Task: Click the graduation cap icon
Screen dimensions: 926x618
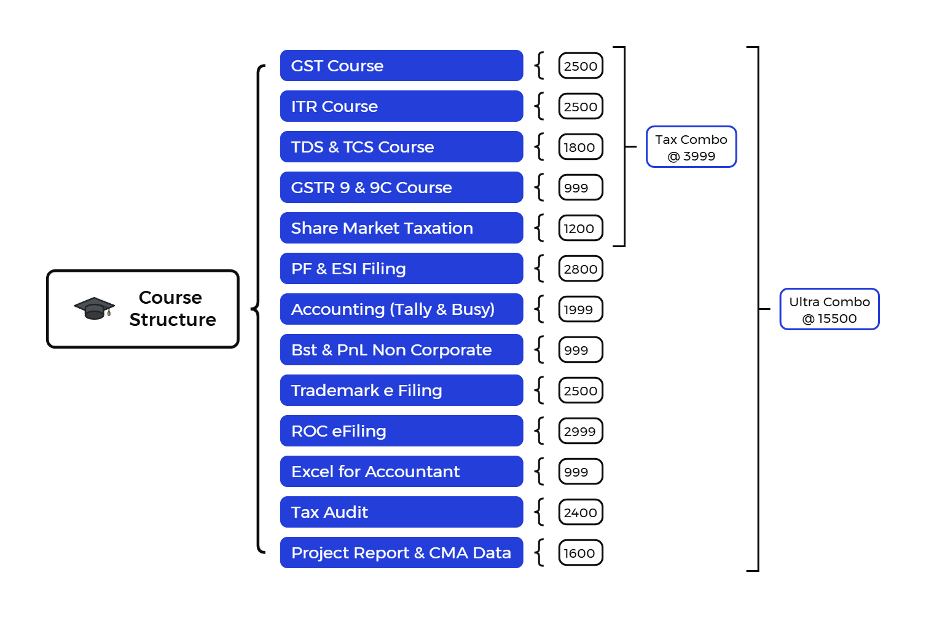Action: click(94, 308)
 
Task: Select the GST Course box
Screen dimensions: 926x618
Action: click(401, 65)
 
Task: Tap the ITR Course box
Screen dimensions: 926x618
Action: click(401, 106)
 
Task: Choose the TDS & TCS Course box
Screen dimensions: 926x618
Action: click(401, 146)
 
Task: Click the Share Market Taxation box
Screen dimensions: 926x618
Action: click(401, 228)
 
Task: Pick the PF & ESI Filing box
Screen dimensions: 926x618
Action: click(401, 268)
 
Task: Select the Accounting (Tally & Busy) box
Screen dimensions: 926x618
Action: click(401, 309)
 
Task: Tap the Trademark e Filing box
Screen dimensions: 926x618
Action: click(401, 390)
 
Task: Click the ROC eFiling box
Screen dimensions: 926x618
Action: click(401, 430)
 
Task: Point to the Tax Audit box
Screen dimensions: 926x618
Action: click(401, 512)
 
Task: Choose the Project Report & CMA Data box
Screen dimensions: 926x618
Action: click(401, 552)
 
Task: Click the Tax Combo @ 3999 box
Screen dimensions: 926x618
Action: click(691, 146)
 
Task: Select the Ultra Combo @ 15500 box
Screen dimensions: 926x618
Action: click(830, 309)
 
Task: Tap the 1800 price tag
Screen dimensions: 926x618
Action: click(581, 147)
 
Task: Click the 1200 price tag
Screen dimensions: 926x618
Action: click(581, 228)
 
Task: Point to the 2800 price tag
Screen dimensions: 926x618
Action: click(581, 269)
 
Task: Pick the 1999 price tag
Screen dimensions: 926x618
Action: click(581, 309)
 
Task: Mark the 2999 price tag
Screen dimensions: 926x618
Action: click(581, 430)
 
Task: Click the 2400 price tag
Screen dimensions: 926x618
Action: click(581, 512)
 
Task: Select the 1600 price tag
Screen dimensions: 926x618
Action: click(581, 553)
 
